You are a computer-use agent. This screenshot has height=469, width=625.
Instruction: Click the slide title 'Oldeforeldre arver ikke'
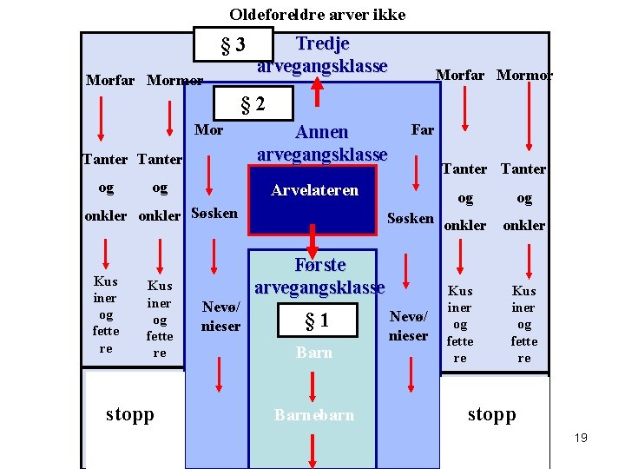tap(317, 15)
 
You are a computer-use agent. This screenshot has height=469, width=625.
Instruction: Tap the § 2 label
tap(252, 106)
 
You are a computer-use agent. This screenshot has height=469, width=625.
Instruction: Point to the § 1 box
tap(316, 320)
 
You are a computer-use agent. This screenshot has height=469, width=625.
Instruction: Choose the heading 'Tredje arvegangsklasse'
tap(322, 55)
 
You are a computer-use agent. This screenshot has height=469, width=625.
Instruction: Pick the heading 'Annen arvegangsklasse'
tap(322, 143)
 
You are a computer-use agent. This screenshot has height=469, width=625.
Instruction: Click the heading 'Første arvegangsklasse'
tap(319, 275)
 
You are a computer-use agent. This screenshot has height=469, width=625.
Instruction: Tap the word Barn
tap(314, 353)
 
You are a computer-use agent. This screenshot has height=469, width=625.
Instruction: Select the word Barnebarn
tap(314, 415)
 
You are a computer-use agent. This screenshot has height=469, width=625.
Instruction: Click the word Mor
tap(208, 130)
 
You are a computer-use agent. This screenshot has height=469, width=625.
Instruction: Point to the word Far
tap(422, 130)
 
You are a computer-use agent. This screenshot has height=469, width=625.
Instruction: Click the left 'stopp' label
tap(130, 414)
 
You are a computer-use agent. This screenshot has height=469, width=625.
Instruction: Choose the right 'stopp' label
tap(491, 414)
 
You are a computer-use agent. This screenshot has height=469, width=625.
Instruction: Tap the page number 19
tap(581, 438)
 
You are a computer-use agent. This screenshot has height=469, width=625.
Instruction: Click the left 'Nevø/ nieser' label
tap(221, 316)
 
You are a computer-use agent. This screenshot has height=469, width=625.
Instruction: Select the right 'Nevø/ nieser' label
tap(409, 327)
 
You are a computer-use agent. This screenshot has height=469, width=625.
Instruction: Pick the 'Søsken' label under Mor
tap(214, 213)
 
